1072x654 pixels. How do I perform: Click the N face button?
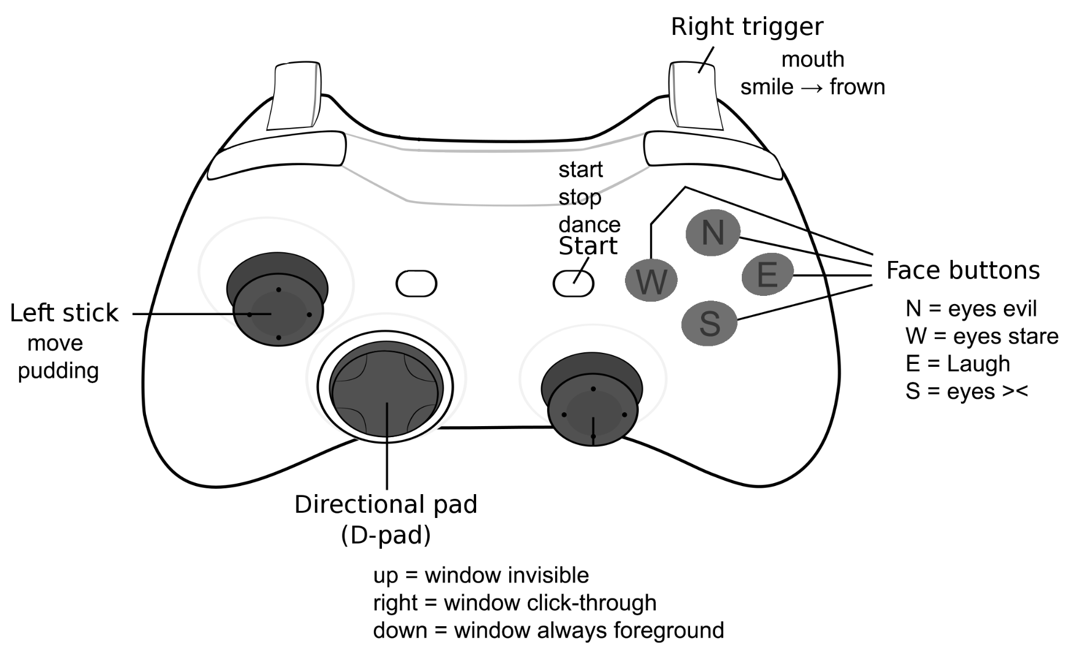click(x=713, y=233)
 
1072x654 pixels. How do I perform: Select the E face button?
click(x=767, y=274)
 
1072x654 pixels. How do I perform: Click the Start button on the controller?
click(x=573, y=284)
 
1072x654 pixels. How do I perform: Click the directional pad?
click(x=386, y=388)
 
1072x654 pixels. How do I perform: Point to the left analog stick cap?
click(x=278, y=313)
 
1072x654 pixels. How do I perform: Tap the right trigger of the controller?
click(x=695, y=95)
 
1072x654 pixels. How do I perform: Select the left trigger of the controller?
click(x=294, y=95)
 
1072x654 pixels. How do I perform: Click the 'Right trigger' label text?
click(x=747, y=27)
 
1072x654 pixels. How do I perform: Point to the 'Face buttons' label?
click(x=963, y=270)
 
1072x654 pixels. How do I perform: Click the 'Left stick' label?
click(x=64, y=313)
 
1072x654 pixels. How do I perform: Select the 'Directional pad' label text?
click(x=386, y=504)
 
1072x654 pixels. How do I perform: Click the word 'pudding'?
click(x=58, y=371)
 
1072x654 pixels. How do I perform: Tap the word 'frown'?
click(x=857, y=87)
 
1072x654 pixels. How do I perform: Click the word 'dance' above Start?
click(x=589, y=224)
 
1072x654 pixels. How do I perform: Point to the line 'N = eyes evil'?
click(x=971, y=309)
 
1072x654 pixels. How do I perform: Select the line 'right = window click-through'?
click(x=514, y=603)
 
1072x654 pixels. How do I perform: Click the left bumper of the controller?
click(x=277, y=155)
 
